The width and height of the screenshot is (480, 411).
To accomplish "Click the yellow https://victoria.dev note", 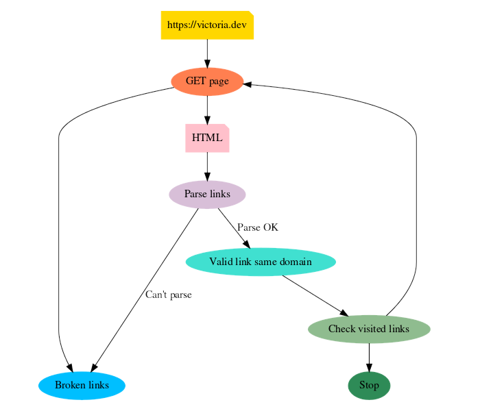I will click(206, 25).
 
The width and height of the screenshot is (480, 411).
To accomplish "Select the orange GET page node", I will click(206, 82).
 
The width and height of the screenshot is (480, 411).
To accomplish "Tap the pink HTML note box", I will click(206, 138).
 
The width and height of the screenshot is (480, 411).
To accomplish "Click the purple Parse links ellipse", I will click(206, 194).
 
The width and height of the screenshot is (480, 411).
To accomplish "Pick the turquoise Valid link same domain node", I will click(260, 262).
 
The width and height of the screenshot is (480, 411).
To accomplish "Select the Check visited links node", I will click(369, 329).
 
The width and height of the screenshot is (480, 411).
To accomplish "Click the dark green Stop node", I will click(369, 385).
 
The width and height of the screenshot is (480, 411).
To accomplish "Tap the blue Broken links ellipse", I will click(82, 385).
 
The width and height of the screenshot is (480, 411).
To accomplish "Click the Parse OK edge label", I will click(257, 227).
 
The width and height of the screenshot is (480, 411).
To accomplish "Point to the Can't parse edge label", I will click(168, 295).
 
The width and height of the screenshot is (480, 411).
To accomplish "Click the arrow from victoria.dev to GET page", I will click(207, 53).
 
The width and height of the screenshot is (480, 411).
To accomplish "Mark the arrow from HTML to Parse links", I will click(207, 166).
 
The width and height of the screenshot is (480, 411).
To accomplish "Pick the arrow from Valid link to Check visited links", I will click(315, 295).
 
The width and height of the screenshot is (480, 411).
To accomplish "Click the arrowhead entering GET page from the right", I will click(248, 84).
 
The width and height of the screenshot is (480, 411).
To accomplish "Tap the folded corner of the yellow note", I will click(250, 14).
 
